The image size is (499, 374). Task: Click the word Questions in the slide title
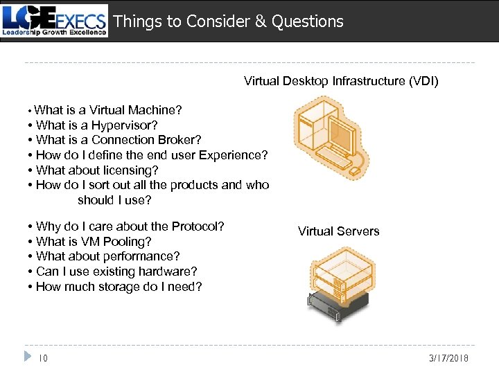pyautogui.click(x=307, y=21)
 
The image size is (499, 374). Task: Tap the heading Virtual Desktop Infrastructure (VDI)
pyautogui.click(x=341, y=81)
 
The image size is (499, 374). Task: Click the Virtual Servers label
pyautogui.click(x=338, y=231)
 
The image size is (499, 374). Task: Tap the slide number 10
pyautogui.click(x=43, y=358)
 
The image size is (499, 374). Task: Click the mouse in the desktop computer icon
pyautogui.click(x=354, y=170)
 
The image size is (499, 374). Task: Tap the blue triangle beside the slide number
pyautogui.click(x=27, y=357)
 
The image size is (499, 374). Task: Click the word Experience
pyautogui.click(x=233, y=155)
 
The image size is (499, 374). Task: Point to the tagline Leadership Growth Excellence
pyautogui.click(x=55, y=32)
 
